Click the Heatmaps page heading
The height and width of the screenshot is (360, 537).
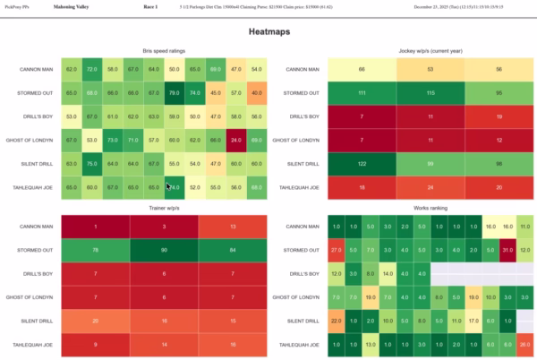click(268, 31)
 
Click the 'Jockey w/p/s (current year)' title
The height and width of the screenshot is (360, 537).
click(430, 51)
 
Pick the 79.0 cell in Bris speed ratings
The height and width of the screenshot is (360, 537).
click(175, 91)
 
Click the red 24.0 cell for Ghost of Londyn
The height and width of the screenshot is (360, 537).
click(235, 140)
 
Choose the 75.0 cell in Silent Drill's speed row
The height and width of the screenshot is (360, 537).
click(91, 163)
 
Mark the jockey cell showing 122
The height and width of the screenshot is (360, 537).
click(362, 163)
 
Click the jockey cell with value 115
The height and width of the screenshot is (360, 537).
click(430, 92)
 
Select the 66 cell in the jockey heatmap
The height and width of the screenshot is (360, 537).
click(362, 68)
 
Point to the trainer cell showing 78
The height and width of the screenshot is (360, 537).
click(95, 249)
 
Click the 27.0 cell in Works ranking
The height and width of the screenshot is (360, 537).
click(335, 249)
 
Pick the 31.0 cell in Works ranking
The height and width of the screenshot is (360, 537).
click(507, 249)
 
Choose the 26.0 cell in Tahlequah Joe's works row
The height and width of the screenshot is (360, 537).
click(525, 343)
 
